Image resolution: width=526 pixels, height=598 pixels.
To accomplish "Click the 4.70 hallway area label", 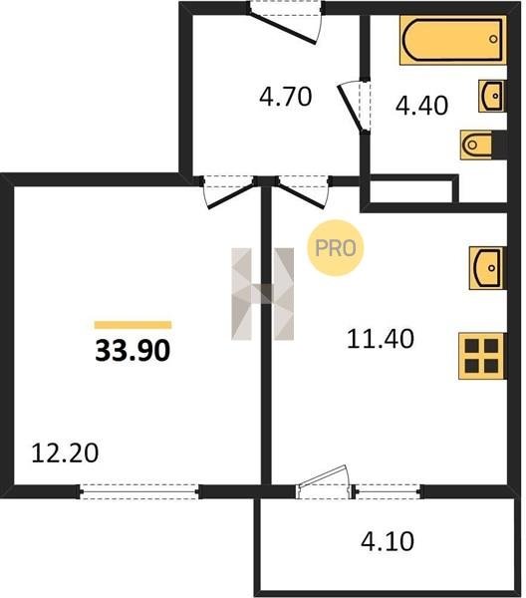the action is [286, 97].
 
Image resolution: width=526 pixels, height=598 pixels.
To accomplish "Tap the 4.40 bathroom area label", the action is [421, 106].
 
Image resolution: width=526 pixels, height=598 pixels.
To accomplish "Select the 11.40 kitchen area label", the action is [381, 339].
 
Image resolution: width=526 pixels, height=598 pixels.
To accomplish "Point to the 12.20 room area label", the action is [65, 453].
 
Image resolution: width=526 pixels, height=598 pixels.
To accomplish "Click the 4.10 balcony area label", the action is [388, 541].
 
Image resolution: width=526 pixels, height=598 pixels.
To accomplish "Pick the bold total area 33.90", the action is [132, 351].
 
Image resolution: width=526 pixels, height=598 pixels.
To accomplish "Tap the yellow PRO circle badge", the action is [336, 248].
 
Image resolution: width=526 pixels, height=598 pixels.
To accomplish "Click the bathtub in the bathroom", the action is [453, 40].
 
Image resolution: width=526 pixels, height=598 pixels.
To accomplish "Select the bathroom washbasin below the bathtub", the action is [492, 96].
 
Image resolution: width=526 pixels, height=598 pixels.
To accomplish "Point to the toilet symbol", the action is [476, 145].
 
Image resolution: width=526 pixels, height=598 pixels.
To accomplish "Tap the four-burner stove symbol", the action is [482, 356].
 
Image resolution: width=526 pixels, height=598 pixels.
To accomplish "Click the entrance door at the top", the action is [286, 22].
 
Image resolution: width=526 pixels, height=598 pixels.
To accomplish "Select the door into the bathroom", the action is [355, 106].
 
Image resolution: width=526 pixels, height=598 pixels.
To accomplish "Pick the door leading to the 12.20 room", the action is [228, 191].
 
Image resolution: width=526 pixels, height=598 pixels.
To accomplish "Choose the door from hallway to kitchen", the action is [304, 191].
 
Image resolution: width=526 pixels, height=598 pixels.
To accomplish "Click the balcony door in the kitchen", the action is [324, 482].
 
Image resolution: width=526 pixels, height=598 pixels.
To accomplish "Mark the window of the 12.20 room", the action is [139, 492].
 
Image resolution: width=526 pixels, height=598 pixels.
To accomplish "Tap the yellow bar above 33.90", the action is [133, 325].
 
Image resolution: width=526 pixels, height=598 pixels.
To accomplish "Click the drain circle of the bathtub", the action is [493, 39].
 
